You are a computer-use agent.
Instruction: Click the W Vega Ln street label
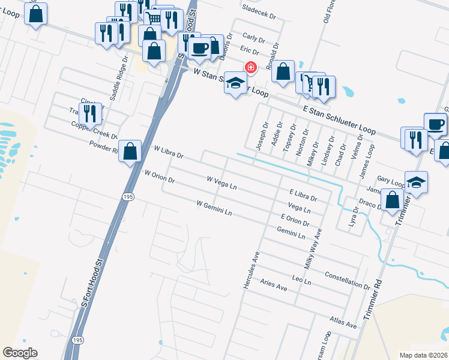tap(221, 183)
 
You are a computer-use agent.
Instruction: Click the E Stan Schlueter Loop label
tap(340, 119)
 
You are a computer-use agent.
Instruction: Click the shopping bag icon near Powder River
tap(130, 152)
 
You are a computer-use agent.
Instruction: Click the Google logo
tap(20, 353)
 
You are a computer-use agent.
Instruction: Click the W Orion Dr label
tap(160, 176)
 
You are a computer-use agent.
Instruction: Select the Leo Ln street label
tap(301, 280)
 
